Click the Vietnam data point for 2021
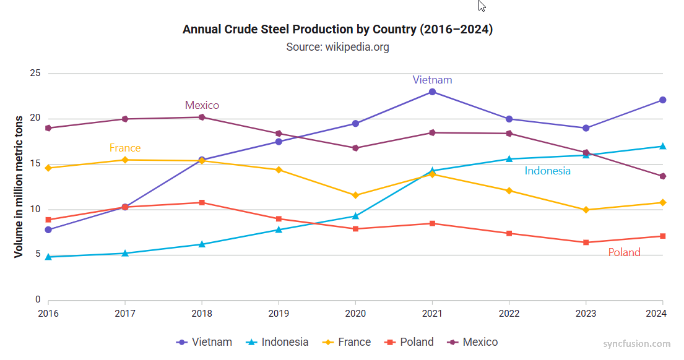tap(432, 92)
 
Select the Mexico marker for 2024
tap(662, 176)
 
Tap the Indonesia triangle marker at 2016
tap(48, 256)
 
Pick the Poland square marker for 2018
tap(202, 203)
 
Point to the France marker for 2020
tap(355, 195)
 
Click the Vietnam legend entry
tap(204, 342)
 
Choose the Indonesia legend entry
tap(277, 342)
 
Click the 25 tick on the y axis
tap(35, 73)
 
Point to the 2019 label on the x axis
tap(279, 314)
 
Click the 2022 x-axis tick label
tap(509, 314)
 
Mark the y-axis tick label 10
tap(35, 209)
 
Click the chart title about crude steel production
tap(337, 30)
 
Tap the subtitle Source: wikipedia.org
tap(337, 47)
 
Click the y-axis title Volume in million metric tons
tap(19, 186)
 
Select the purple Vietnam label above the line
tap(432, 80)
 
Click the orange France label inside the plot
tap(125, 148)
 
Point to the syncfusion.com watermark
tap(636, 344)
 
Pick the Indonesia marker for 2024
tap(662, 146)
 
